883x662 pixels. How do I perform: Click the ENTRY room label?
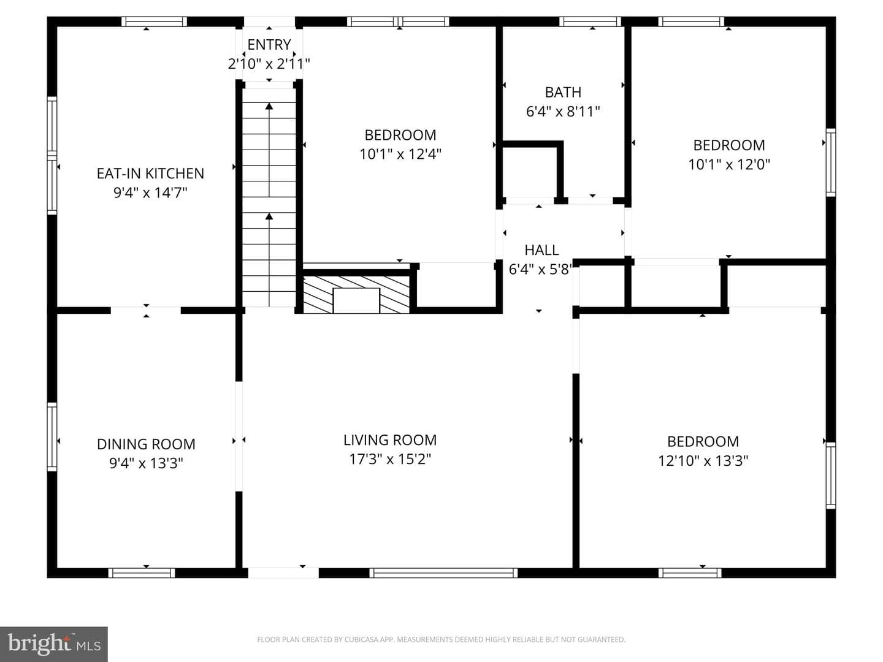click(x=269, y=45)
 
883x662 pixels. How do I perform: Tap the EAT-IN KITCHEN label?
click(x=150, y=173)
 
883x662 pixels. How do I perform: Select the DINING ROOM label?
click(x=146, y=444)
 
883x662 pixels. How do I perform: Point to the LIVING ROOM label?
click(x=390, y=440)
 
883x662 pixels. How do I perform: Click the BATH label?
click(x=563, y=93)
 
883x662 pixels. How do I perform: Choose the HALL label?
click(x=541, y=251)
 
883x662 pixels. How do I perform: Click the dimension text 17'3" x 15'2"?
click(x=390, y=459)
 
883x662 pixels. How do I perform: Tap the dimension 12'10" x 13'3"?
click(x=703, y=460)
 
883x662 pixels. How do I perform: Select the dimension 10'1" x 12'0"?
click(x=729, y=164)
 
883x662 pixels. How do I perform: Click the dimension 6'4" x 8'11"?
click(x=563, y=112)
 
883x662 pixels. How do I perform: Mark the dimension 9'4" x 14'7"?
click(x=150, y=193)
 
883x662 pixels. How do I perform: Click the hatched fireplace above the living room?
click(x=356, y=294)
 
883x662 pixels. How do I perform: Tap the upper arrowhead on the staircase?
click(x=269, y=106)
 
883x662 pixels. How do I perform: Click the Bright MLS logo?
click(x=53, y=644)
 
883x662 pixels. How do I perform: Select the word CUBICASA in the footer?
click(x=361, y=639)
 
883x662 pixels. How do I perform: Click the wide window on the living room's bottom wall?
click(x=443, y=573)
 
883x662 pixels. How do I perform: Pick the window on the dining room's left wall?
click(x=52, y=436)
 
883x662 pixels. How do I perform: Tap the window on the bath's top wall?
click(x=590, y=21)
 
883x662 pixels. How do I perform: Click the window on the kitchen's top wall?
click(x=154, y=21)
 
